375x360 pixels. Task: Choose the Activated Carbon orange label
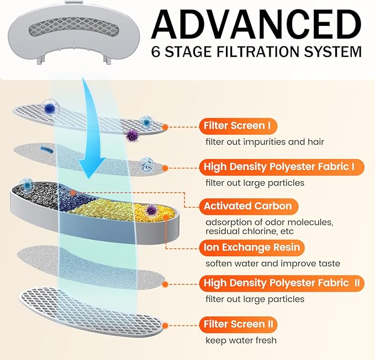(248, 207)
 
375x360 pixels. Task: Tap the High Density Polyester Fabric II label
(282, 283)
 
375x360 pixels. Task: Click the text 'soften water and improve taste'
(273, 263)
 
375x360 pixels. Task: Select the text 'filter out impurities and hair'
(265, 142)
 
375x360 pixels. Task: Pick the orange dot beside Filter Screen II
(166, 326)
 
